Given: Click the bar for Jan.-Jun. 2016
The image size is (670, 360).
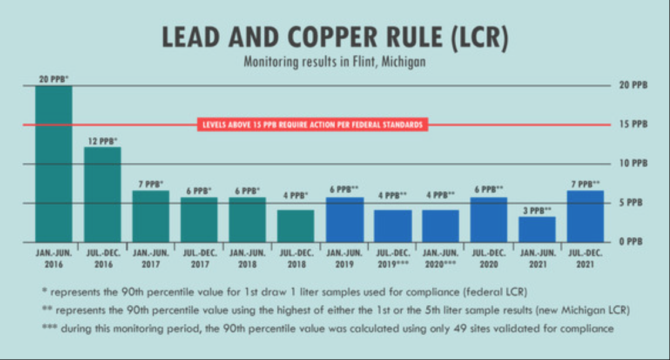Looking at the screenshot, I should (53, 164).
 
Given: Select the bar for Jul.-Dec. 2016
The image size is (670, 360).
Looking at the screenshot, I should (102, 194).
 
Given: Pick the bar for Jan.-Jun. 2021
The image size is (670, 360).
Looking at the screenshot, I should (537, 229).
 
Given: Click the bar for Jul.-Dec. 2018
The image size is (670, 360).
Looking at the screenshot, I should (295, 226).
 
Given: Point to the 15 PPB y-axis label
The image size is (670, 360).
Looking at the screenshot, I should (633, 125).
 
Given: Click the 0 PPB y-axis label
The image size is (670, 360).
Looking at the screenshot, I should (633, 242).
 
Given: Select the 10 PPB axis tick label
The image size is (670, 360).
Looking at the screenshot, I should (633, 163).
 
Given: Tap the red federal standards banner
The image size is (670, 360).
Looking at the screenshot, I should (312, 125).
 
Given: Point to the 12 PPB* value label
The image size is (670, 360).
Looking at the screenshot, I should (103, 140).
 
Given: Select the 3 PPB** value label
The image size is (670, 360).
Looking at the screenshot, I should (537, 210).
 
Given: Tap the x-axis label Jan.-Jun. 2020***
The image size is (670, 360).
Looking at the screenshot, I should (440, 259).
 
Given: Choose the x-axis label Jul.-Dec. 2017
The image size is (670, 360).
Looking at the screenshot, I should (199, 259).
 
